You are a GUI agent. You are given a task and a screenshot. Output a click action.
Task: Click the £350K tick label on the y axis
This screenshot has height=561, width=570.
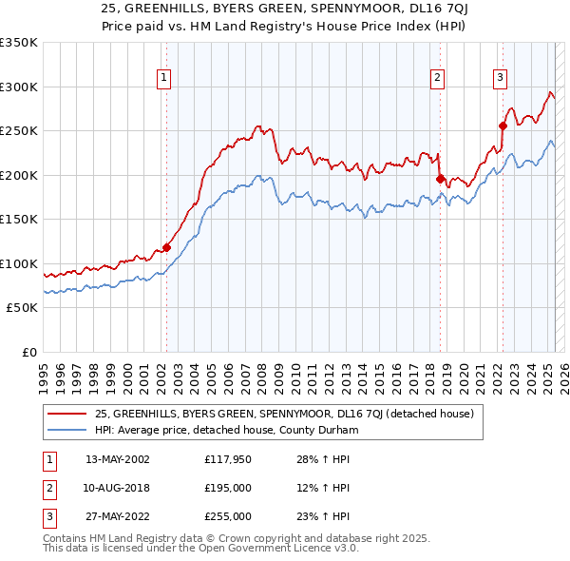coord(19,43)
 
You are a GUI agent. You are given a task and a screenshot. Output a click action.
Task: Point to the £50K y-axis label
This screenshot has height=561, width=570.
coord(22,308)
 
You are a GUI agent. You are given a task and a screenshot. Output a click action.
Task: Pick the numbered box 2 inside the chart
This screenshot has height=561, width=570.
coord(438,78)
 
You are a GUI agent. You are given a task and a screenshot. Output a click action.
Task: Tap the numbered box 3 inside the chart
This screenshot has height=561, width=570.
coord(501,78)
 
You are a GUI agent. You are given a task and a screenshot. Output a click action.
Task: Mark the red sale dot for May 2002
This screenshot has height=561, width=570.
coord(166,247)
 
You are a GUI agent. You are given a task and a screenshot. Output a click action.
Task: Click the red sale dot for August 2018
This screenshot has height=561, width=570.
coord(440,179)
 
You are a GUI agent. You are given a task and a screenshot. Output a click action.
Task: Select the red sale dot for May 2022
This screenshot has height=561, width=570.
coord(503,126)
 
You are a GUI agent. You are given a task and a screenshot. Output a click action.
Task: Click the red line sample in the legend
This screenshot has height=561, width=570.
coord(67,414)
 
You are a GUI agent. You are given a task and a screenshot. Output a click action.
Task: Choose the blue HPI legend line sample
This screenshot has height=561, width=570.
coord(67,430)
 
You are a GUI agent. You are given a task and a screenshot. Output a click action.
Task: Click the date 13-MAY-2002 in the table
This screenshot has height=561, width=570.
coord(118,459)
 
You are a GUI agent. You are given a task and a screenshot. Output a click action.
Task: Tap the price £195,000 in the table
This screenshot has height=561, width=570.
coord(228,488)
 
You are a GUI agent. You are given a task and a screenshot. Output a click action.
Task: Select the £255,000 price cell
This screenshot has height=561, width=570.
coord(228,516)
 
